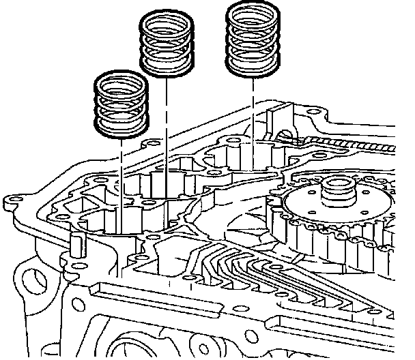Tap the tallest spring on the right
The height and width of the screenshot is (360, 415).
pos(253,37)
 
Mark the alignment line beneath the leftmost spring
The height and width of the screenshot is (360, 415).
pos(121,177)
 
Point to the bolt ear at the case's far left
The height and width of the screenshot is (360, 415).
pos(10,200)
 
